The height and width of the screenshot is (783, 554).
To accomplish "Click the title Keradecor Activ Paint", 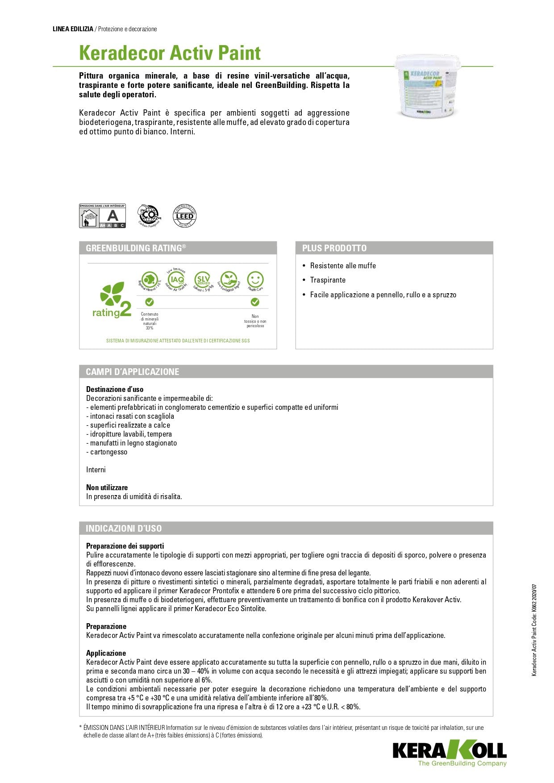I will (170, 53).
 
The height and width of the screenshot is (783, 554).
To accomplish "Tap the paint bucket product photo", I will (427, 87).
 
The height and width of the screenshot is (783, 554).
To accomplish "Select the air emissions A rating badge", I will (102, 216).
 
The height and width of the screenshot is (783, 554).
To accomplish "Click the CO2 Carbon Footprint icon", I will (149, 216).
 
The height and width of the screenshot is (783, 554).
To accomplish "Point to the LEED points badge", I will (184, 216).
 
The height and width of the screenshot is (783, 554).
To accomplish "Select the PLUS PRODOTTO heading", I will (334, 248).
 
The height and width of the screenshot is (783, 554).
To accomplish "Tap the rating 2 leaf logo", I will (112, 300).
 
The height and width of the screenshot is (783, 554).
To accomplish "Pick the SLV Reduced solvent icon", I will (203, 280).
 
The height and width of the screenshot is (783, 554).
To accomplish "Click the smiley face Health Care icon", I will (255, 280).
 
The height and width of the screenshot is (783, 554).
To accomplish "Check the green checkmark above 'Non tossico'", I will (255, 302).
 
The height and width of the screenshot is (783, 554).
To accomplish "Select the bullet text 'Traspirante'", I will (328, 280).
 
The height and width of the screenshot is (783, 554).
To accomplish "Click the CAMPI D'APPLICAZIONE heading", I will (133, 372).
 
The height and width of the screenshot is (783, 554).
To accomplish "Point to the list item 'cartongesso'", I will (108, 452).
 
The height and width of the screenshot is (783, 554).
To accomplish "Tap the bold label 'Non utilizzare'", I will (107, 487).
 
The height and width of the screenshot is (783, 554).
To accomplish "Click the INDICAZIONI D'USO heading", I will (124, 529).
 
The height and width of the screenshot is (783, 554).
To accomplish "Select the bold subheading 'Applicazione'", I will (106, 653).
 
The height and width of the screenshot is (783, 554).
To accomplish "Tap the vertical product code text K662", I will (534, 629).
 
